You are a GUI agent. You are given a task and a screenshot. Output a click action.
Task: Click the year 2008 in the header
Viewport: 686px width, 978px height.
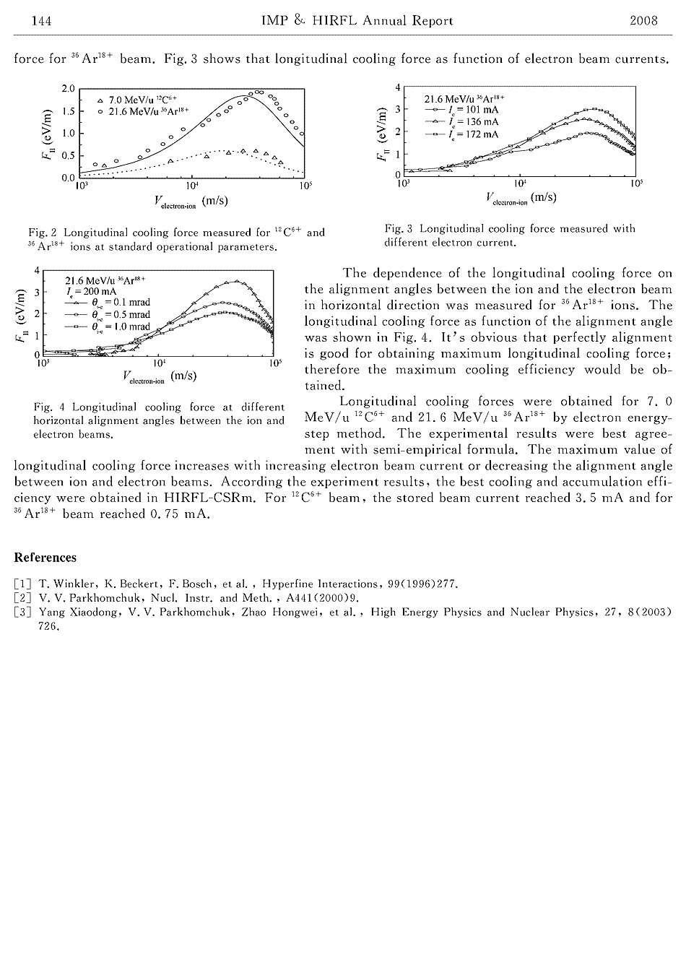(643, 21)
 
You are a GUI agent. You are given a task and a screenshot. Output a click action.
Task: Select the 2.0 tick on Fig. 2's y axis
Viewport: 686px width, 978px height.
(68, 89)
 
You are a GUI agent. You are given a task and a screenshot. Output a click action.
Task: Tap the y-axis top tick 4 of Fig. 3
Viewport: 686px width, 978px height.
(398, 87)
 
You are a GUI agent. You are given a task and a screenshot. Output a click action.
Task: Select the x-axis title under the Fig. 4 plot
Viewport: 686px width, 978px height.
(160, 376)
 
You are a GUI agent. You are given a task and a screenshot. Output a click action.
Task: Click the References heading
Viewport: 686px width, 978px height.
(45, 558)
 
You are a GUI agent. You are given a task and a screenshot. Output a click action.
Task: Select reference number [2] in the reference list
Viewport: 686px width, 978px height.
(22, 598)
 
